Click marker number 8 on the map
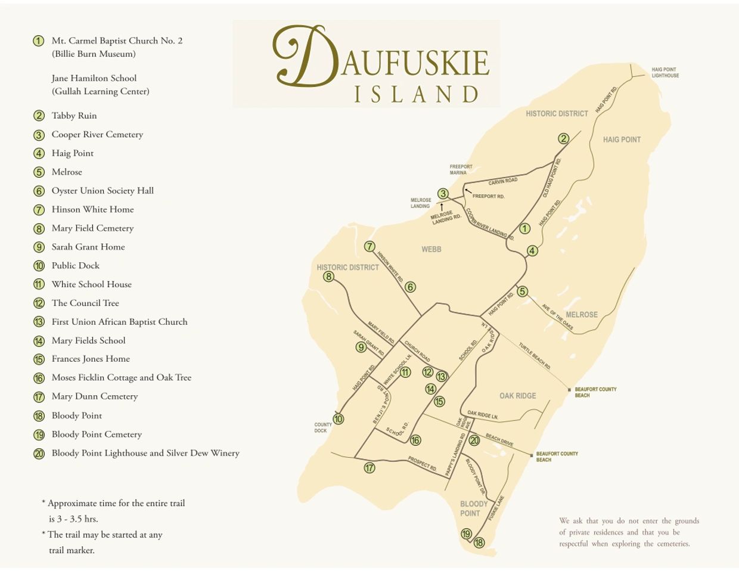tap(328, 277)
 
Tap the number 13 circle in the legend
tap(39, 322)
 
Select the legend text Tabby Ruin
tap(74, 116)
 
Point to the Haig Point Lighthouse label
tap(665, 73)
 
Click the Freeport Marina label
tap(461, 170)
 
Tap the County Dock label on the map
tap(322, 428)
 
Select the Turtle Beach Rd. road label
tap(534, 356)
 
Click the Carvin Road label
tap(503, 181)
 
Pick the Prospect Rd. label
tap(423, 463)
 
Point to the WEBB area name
tap(431, 249)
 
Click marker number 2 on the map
tap(563, 139)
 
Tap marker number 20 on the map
tap(474, 440)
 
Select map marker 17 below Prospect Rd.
tap(369, 468)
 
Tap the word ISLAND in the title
tap(417, 95)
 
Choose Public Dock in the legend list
tap(75, 266)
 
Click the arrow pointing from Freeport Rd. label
tap(467, 191)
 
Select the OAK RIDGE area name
tap(517, 396)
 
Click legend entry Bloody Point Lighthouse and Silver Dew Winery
tap(145, 453)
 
